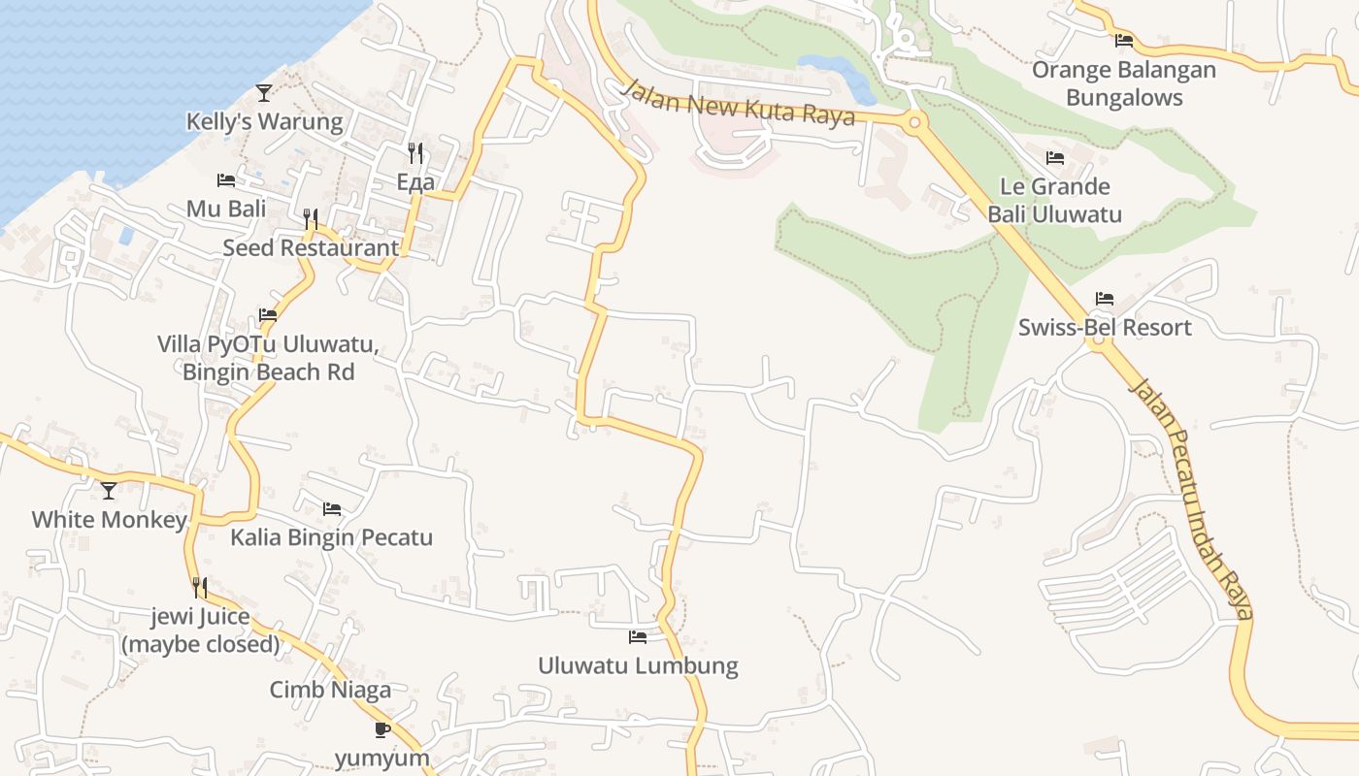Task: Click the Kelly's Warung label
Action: coord(264,122)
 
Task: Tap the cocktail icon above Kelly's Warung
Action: coord(264,93)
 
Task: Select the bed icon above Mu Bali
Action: coord(225,180)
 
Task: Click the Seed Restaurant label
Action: coord(311,247)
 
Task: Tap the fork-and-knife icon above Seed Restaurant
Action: coord(311,219)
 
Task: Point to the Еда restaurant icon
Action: coord(415,152)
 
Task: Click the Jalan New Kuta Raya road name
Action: coord(738,102)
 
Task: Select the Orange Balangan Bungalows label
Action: coord(1124,83)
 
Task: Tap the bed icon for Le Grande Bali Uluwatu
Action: coord(1055,158)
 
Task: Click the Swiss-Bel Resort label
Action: coord(1105,327)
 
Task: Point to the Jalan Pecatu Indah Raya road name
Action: coord(1192,499)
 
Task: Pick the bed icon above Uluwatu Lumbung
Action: coord(638,637)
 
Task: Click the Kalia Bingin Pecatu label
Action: coord(331,537)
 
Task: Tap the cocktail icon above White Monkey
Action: coord(109,491)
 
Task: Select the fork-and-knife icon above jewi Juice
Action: coord(200,588)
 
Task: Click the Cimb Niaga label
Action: coord(330,690)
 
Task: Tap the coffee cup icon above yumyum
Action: coord(381,729)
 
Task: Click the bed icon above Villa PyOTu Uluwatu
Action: coord(268,315)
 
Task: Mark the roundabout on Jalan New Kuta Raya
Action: coord(913,122)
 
